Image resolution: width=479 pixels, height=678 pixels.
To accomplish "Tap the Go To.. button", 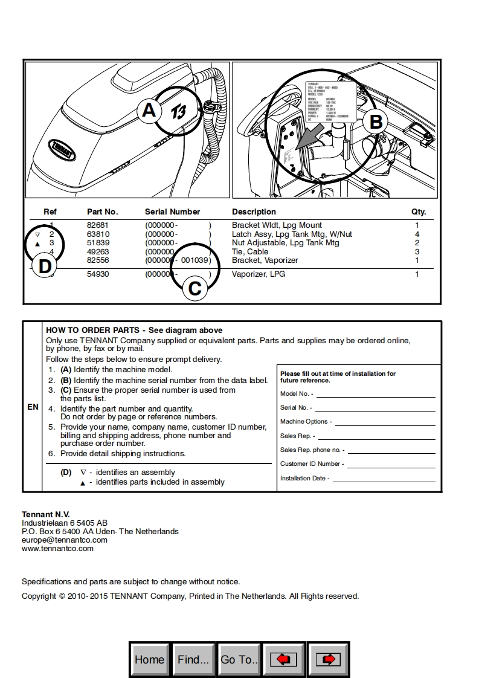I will coord(239,659).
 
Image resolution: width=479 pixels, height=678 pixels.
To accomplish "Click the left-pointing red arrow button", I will coord(283,659).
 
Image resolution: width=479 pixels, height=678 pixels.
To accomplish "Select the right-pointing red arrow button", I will coord(328,659).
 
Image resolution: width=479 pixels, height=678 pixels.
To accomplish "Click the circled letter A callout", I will coord(149,111).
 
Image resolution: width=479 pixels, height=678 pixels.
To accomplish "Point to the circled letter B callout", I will coord(376,122).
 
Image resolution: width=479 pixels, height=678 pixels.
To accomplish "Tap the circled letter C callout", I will coord(194,288).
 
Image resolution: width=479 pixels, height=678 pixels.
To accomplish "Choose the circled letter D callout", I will coord(45,266).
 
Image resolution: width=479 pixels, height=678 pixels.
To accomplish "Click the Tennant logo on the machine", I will coord(62,146).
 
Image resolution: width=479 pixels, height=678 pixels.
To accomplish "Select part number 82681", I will coord(98,225).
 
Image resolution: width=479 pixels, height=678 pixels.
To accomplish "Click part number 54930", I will coord(98,274).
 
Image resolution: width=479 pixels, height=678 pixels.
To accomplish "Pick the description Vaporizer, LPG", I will coord(259,274).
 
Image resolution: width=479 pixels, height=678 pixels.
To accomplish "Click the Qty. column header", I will coord(419,212).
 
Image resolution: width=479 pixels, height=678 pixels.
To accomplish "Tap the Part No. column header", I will coord(103,212).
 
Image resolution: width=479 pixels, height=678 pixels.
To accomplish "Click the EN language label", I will coord(33,407).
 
